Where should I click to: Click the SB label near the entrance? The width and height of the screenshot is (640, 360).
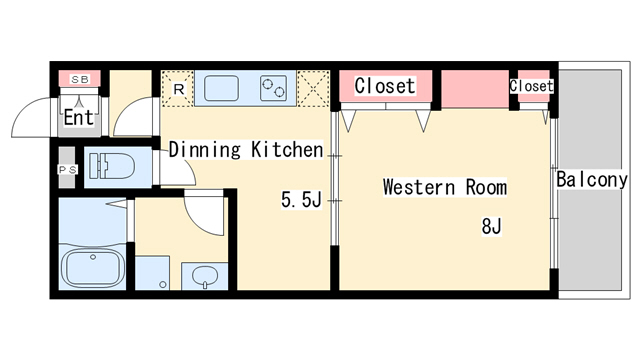(x=80, y=79)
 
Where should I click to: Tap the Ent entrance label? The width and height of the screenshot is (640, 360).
(x=79, y=118)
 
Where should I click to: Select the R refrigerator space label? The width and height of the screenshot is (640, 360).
(x=179, y=89)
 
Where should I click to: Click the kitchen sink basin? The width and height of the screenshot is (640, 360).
(x=221, y=88)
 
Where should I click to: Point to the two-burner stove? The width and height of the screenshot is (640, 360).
(x=273, y=88)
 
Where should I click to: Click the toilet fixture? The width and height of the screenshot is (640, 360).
(x=111, y=166)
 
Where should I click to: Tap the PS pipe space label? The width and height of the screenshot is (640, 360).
(x=67, y=169)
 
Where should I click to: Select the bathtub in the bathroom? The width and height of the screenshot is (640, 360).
(x=93, y=268)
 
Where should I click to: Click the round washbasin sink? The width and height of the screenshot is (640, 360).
(x=204, y=276)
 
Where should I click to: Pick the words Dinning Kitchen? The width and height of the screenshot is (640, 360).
(x=246, y=149)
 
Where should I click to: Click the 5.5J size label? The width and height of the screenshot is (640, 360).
(x=302, y=200)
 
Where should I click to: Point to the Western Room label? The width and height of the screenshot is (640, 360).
(x=445, y=187)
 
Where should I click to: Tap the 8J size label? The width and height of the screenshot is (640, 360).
(x=491, y=226)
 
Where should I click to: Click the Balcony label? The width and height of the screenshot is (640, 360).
(x=592, y=180)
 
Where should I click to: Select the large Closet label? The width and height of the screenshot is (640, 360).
(x=385, y=86)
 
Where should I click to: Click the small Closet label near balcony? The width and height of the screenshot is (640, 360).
(x=531, y=86)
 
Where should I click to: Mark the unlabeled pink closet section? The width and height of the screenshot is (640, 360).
(x=475, y=89)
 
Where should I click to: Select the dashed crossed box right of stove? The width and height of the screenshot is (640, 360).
(x=313, y=89)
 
